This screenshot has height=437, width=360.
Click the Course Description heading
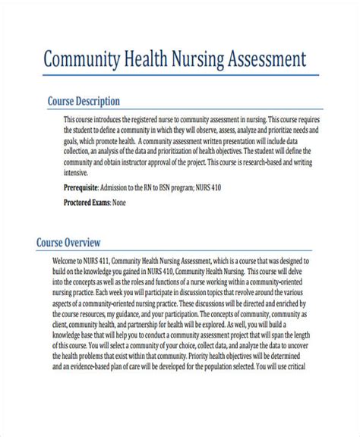[84, 101]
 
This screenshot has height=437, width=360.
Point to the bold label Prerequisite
[85, 187]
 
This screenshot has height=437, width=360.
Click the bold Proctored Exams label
[87, 203]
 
